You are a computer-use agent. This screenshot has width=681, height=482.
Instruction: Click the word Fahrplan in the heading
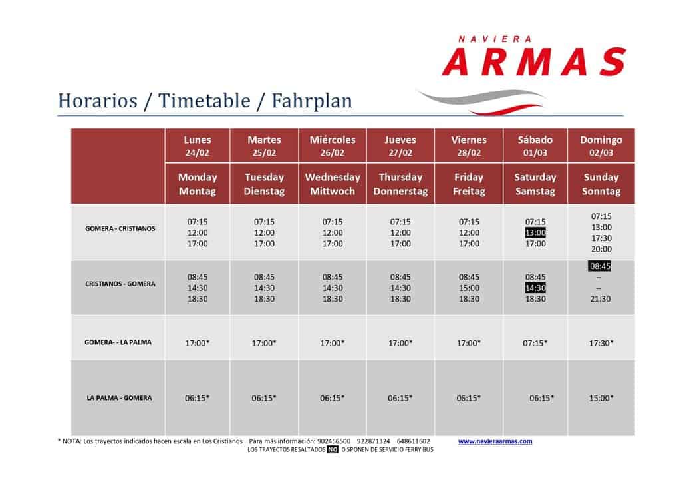(x=312, y=101)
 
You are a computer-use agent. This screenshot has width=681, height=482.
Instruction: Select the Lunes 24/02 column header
(x=197, y=146)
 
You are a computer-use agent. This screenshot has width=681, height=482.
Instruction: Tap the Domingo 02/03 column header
(x=601, y=146)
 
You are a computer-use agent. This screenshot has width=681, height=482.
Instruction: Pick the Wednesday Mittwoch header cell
(x=333, y=184)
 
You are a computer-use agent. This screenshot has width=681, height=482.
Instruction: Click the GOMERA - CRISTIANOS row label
(x=120, y=228)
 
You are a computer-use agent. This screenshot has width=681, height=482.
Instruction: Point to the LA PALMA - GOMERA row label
(x=120, y=398)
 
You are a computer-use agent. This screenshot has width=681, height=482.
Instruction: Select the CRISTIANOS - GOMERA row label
(x=120, y=284)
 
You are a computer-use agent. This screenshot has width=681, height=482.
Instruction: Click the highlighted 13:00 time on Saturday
(x=535, y=232)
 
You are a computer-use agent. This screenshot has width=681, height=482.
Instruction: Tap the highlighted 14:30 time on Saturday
(x=535, y=288)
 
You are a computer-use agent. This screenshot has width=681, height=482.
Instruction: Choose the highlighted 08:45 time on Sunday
(x=600, y=266)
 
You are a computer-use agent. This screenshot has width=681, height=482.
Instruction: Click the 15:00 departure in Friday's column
(x=469, y=288)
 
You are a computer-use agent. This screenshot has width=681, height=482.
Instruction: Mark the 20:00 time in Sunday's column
(x=601, y=249)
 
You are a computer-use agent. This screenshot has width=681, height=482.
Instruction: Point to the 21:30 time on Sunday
(x=601, y=299)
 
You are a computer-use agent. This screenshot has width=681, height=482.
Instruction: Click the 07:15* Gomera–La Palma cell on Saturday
(x=535, y=343)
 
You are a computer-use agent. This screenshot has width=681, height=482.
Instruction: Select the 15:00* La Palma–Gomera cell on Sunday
(x=601, y=398)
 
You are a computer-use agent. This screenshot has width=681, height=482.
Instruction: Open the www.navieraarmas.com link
(x=495, y=441)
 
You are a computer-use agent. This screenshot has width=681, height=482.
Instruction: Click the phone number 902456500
(x=334, y=441)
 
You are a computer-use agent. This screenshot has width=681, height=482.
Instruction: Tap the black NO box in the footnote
(x=333, y=450)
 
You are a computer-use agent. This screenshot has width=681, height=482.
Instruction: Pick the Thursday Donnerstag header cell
(x=400, y=184)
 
